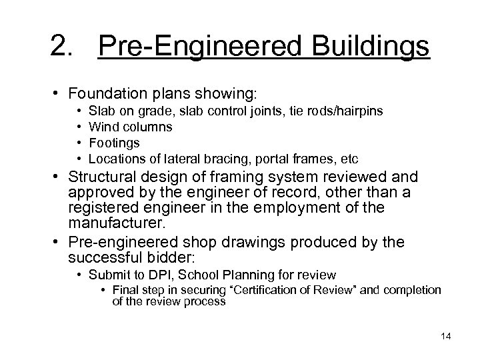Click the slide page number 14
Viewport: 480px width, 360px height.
[x=446, y=335]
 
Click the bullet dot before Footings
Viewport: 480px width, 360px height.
[x=79, y=143]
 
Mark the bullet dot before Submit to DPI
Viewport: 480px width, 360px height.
[x=79, y=275]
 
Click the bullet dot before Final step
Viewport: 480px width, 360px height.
[x=105, y=290]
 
